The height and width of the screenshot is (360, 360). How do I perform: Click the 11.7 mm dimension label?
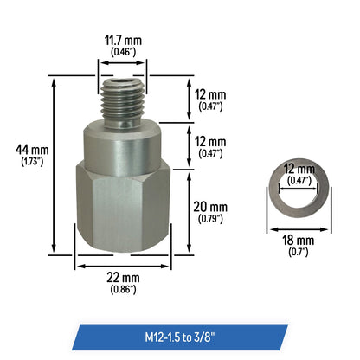point(123,41)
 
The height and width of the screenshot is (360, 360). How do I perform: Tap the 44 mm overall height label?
point(32,150)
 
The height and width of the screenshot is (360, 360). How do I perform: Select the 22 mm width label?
point(123,278)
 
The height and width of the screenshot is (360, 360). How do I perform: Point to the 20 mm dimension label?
point(210,207)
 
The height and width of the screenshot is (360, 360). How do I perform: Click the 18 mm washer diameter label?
point(299,241)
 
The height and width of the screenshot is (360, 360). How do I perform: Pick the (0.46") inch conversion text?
point(123,52)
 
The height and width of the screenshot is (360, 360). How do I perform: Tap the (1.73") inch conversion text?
point(32,162)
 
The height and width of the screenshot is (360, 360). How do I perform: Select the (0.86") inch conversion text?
point(123,289)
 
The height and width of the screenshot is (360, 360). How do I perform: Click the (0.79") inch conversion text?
point(210,219)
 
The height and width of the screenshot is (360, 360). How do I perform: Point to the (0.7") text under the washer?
point(299,252)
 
